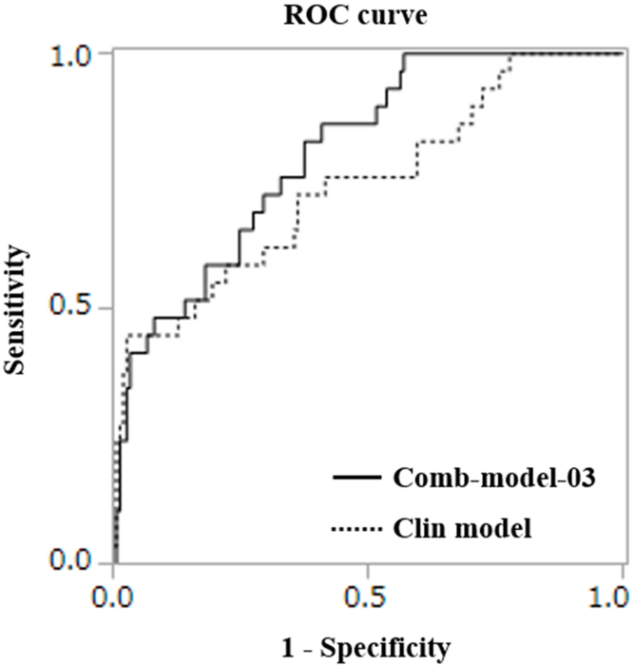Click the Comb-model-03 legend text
(x=493, y=478)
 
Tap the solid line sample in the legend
(x=356, y=476)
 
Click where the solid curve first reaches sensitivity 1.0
(x=405, y=54)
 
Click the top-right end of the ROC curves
(x=621, y=54)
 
